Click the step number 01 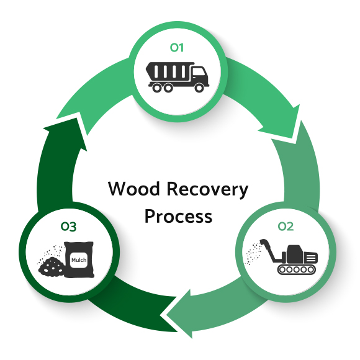(x=176, y=48)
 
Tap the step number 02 (x=286, y=227)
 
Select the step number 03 (x=68, y=227)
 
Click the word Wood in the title (x=133, y=189)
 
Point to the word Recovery (x=207, y=191)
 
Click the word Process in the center (x=178, y=216)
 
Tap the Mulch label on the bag (x=79, y=260)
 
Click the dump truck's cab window (x=197, y=72)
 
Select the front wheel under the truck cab (x=199, y=88)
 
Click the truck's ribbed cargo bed (x=169, y=71)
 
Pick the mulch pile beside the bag (x=51, y=267)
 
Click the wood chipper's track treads (x=296, y=269)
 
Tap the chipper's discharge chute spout (x=264, y=242)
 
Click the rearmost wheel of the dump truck (x=156, y=88)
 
